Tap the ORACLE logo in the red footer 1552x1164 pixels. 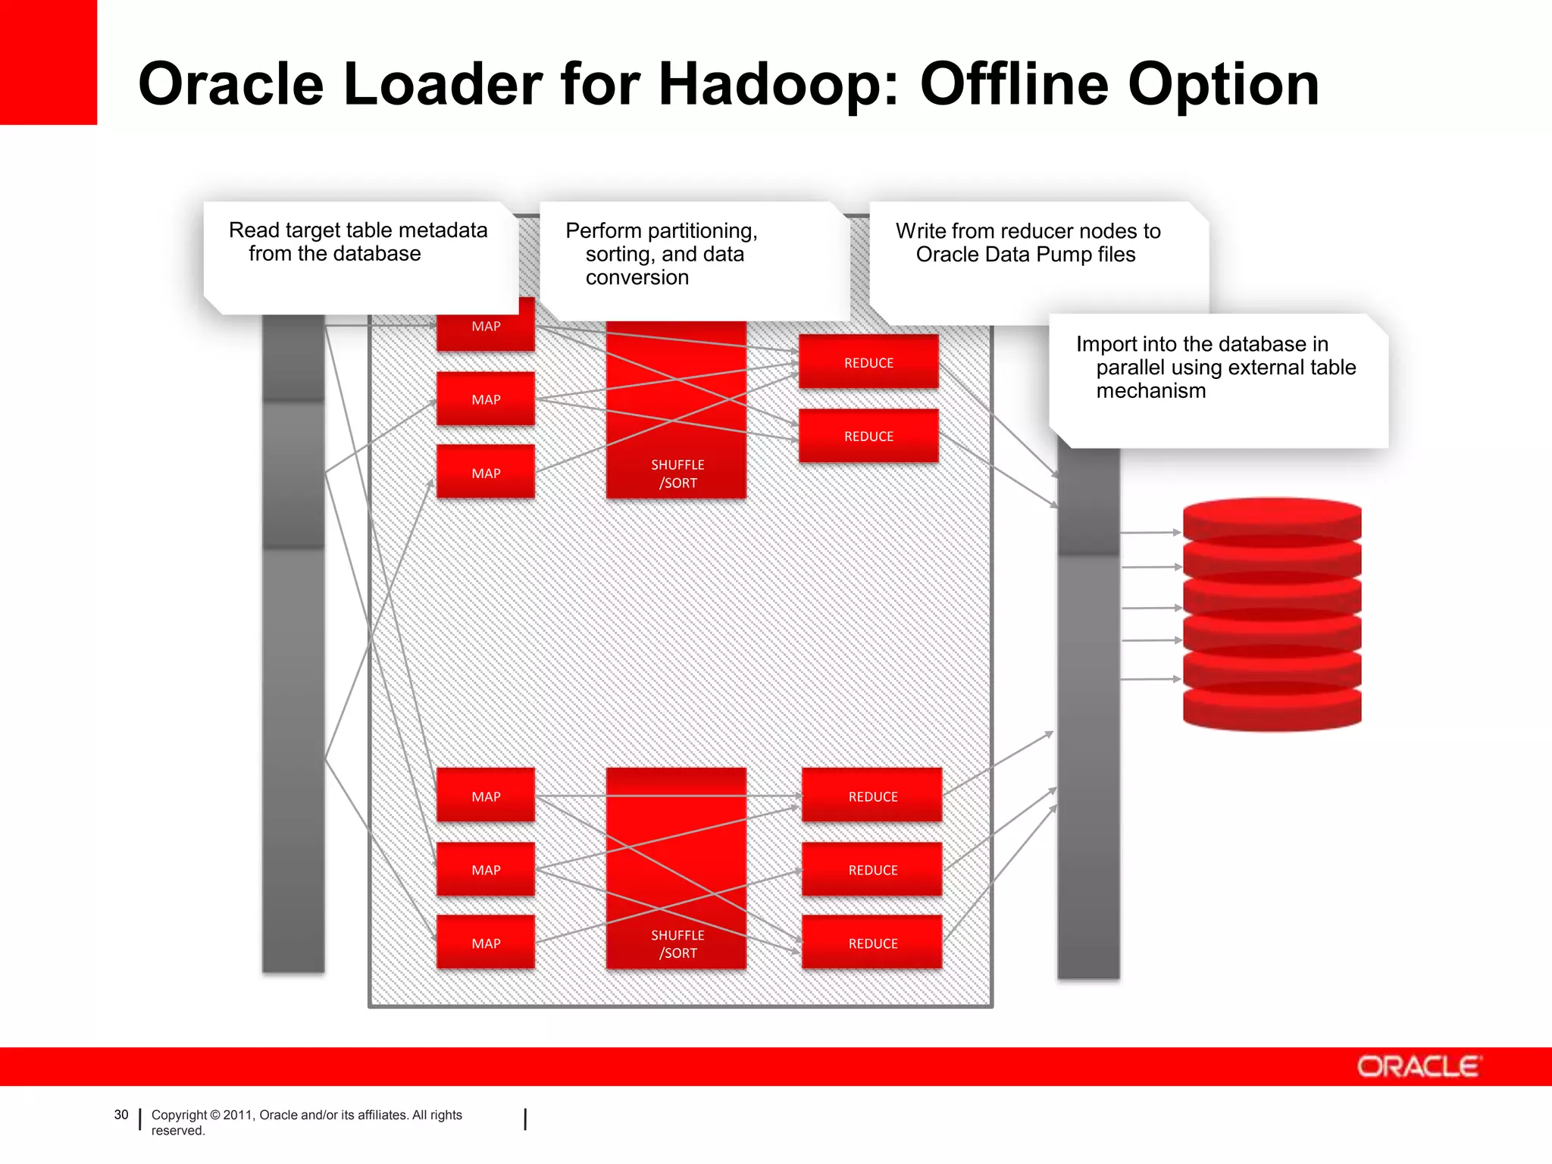tap(1418, 1066)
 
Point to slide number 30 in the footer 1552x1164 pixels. tap(121, 1115)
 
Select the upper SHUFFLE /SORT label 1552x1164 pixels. tap(677, 474)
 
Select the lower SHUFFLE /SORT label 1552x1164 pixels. tap(677, 944)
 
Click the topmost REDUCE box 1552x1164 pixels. tap(868, 362)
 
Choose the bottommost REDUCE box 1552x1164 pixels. tap(872, 943)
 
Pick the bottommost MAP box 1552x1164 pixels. tap(486, 943)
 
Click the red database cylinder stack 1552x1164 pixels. tap(1272, 614)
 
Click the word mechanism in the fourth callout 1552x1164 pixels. tap(1150, 391)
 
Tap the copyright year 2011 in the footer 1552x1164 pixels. tap(237, 1115)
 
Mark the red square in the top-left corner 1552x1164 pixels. tap(48, 62)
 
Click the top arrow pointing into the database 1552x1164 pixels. tap(1150, 533)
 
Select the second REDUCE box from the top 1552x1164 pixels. tap(868, 436)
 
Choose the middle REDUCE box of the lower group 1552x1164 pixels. tap(872, 869)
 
